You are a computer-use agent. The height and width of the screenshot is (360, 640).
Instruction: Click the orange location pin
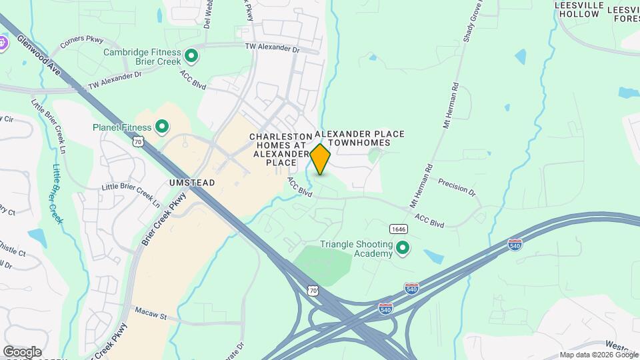click(x=320, y=159)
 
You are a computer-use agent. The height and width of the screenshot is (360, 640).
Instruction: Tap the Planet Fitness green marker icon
click(x=161, y=126)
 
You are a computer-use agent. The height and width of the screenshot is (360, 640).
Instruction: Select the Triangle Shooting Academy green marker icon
click(x=403, y=249)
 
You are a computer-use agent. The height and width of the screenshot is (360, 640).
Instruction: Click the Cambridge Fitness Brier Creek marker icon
click(x=191, y=56)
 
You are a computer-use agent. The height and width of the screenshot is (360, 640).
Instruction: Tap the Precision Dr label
click(x=457, y=187)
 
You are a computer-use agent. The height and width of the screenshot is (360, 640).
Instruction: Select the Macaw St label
click(x=150, y=311)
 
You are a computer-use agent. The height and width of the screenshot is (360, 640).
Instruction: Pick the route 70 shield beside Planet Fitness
click(x=138, y=141)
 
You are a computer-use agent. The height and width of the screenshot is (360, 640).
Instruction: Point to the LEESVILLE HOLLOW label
click(x=579, y=10)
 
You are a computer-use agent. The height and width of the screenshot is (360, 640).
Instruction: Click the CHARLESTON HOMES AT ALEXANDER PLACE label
click(x=279, y=149)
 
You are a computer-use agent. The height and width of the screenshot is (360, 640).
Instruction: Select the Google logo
click(x=22, y=352)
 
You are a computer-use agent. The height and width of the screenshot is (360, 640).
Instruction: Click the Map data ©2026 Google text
click(x=599, y=355)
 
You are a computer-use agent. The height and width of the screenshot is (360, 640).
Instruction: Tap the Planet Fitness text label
click(x=121, y=126)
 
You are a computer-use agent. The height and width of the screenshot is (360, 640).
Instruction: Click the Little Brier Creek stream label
click(x=57, y=193)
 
